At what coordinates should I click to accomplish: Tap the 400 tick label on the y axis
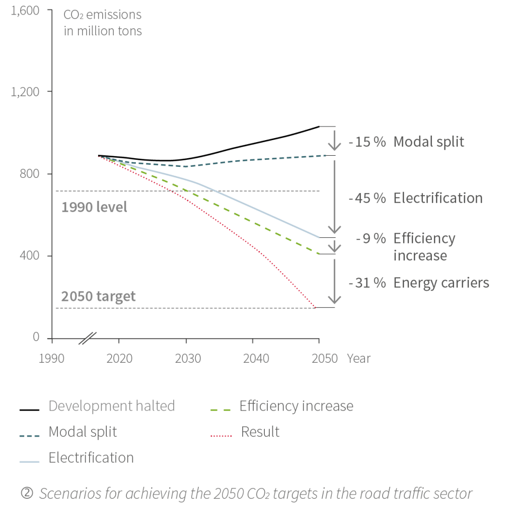tap(30, 255)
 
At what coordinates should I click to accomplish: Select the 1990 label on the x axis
tap(52, 358)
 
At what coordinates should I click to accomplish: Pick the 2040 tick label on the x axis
tap(256, 358)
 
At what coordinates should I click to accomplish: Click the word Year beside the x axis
tap(358, 358)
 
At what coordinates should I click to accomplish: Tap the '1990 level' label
tap(94, 207)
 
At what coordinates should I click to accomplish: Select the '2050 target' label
tap(99, 296)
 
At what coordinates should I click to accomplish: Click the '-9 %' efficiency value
tap(371, 238)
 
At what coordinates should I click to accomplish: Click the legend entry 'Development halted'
tap(111, 406)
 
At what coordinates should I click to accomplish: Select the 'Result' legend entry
tap(260, 432)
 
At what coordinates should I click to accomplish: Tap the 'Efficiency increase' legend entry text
tap(296, 406)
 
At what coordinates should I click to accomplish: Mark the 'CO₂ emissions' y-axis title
tap(103, 15)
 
